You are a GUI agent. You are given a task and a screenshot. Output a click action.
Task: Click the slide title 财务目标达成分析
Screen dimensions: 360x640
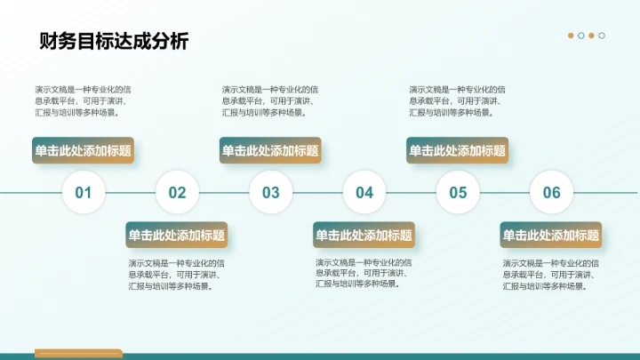pyautogui.click(x=114, y=42)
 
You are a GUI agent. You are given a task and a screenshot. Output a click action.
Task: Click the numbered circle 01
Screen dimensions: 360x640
pyautogui.click(x=84, y=192)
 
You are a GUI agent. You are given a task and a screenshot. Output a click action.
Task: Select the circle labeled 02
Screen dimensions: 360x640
pyautogui.click(x=177, y=192)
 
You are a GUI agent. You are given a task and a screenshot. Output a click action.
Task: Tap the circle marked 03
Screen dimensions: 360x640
pyautogui.click(x=270, y=192)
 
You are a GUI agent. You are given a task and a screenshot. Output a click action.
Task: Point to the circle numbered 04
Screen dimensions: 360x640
pyautogui.click(x=364, y=192)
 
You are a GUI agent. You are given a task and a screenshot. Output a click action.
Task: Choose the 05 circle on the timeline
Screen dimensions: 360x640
pyautogui.click(x=458, y=192)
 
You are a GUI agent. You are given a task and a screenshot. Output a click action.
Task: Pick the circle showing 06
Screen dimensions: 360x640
pyautogui.click(x=551, y=192)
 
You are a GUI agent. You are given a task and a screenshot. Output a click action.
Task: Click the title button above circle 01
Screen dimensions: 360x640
pyautogui.click(x=83, y=151)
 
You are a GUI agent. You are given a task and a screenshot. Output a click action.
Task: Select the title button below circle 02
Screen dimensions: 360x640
pyautogui.click(x=177, y=236)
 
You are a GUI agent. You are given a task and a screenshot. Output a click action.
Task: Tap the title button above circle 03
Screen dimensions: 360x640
pyautogui.click(x=270, y=151)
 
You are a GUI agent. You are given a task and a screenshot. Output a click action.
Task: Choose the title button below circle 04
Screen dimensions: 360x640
pyautogui.click(x=364, y=236)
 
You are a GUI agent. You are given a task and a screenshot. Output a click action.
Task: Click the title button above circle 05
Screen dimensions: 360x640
pyautogui.click(x=458, y=151)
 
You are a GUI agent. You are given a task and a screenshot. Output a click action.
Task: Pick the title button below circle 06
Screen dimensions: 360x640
pyautogui.click(x=551, y=236)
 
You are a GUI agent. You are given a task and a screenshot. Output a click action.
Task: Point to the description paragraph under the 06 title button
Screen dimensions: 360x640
pyautogui.click(x=550, y=275)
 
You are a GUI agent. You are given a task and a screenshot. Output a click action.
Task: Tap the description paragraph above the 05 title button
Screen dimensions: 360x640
pyautogui.click(x=457, y=100)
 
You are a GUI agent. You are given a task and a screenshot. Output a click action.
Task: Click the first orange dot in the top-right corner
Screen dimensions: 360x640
pyautogui.click(x=571, y=36)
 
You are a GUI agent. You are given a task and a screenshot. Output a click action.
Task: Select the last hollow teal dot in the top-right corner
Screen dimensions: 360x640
pyautogui.click(x=602, y=36)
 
